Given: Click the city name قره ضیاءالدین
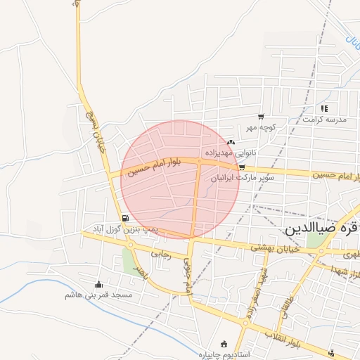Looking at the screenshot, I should [x=323, y=229].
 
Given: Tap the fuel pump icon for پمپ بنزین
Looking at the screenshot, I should [x=125, y=219].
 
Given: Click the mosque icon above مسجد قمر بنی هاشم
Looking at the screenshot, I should [x=98, y=285].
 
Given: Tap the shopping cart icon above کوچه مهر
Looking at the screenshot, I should [x=261, y=117].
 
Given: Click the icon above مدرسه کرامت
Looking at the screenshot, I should [x=324, y=108].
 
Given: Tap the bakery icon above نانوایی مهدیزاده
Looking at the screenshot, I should [x=231, y=142].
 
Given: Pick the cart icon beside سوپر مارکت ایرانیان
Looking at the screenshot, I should [x=242, y=167].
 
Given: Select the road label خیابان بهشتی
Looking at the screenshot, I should [x=276, y=247].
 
